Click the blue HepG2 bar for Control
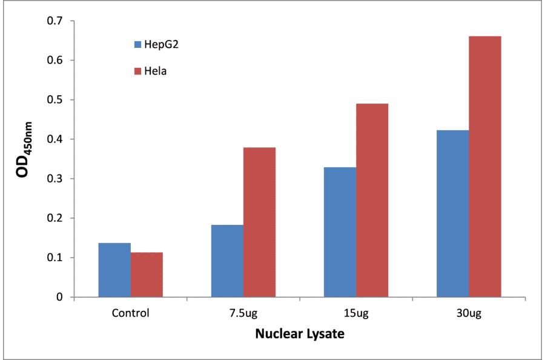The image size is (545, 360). tap(114, 270)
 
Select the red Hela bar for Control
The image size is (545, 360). tap(147, 275)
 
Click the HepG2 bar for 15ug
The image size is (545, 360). tap(340, 232)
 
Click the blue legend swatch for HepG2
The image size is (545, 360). tap(137, 44)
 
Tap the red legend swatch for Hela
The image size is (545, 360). tap(137, 71)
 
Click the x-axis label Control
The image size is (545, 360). tap(130, 313)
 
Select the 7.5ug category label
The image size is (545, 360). tap(243, 313)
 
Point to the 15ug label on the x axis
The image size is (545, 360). tap(355, 313)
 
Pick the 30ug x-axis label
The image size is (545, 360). tap(468, 313)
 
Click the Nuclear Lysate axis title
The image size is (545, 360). tap(299, 334)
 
